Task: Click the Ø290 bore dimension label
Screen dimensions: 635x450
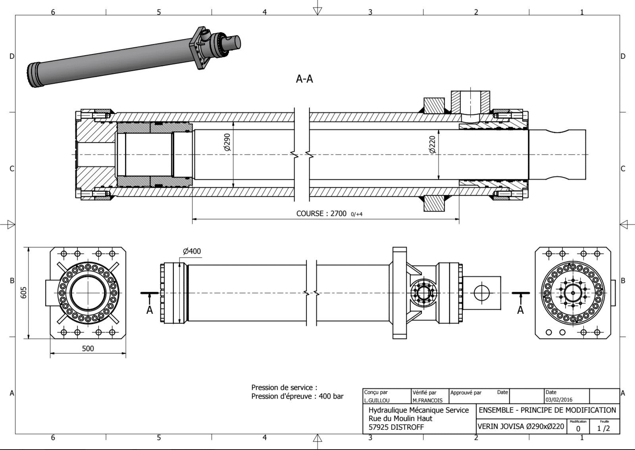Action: tap(227, 142)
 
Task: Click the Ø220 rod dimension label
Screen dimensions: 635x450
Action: tap(432, 144)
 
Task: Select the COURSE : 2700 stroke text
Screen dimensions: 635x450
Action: tap(321, 213)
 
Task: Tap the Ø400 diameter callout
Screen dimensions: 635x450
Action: tap(192, 251)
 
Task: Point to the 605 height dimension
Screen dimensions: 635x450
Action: tap(23, 293)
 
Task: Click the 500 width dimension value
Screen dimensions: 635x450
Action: tap(88, 348)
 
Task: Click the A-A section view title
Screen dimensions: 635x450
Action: tap(304, 79)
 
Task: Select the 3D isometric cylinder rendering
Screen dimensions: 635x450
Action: tap(134, 57)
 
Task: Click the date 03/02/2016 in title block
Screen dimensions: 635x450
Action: tap(559, 400)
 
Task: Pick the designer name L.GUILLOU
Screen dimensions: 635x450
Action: tap(377, 400)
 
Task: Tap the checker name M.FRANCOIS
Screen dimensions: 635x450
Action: tap(427, 400)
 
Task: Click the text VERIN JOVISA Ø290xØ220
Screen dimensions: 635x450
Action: tap(521, 427)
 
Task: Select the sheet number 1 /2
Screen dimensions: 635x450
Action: tap(604, 429)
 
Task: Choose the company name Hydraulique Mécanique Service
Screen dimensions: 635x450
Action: tap(419, 410)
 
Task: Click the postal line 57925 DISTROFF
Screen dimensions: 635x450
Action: tap(396, 427)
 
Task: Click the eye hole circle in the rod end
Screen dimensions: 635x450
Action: tap(482, 293)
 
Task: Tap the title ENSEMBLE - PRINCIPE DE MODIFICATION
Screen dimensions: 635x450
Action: tap(547, 410)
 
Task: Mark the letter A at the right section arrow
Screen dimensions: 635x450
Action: tap(520, 310)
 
